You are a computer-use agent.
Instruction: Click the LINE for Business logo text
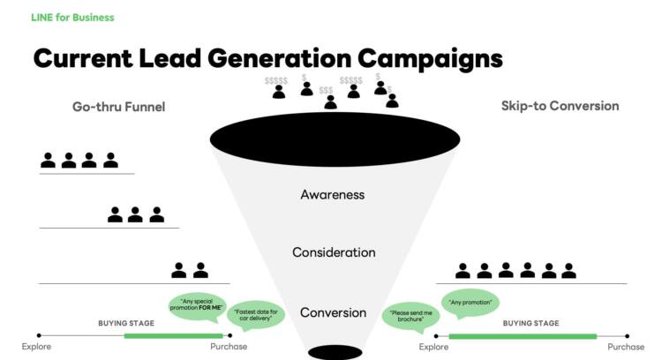click(72, 18)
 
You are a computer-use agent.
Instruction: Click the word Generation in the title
click(280, 58)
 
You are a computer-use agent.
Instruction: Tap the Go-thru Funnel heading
click(118, 107)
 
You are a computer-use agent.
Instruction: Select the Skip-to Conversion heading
click(560, 106)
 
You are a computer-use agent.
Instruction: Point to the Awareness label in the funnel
click(333, 195)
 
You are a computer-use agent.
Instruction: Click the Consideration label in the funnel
click(334, 252)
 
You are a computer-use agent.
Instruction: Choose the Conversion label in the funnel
click(333, 312)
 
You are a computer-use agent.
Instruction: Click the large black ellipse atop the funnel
click(335, 139)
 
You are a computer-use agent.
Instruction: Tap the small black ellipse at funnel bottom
click(335, 352)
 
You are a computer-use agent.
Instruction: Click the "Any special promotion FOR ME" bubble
click(197, 305)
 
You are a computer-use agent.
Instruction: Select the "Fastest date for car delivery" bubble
click(256, 315)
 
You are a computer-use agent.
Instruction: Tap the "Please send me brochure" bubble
click(410, 317)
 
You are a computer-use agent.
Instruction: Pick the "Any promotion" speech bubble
click(470, 303)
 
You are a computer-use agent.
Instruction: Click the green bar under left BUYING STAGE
click(174, 336)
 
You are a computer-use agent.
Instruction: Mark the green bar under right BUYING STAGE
click(523, 336)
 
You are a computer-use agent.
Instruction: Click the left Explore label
click(36, 347)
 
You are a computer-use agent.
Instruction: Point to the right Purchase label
click(626, 347)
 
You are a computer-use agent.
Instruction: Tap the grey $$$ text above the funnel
click(326, 90)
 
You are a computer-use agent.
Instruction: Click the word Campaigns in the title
click(430, 58)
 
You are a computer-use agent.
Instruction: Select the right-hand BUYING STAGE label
click(530, 323)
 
